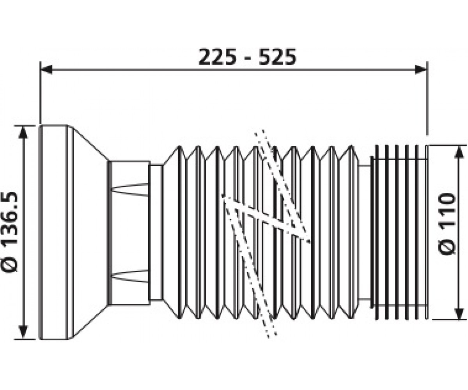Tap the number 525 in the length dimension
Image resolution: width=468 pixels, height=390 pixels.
(x=278, y=57)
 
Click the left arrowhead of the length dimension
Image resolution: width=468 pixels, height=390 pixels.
(x=46, y=69)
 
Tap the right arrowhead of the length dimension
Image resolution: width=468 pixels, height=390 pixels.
(x=420, y=69)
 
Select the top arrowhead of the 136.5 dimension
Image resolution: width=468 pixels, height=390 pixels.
(x=23, y=132)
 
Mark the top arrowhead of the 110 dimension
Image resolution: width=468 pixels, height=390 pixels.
(x=459, y=152)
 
